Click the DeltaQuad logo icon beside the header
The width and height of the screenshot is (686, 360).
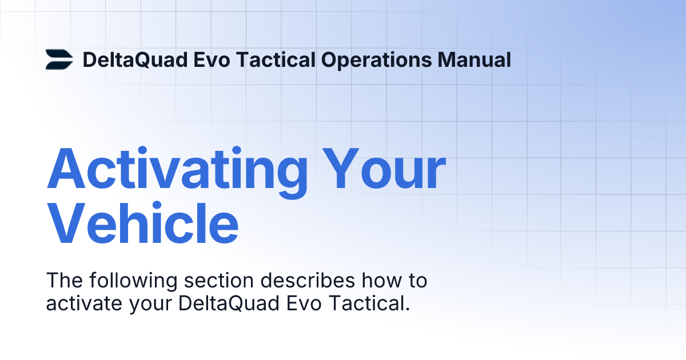[59, 59]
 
